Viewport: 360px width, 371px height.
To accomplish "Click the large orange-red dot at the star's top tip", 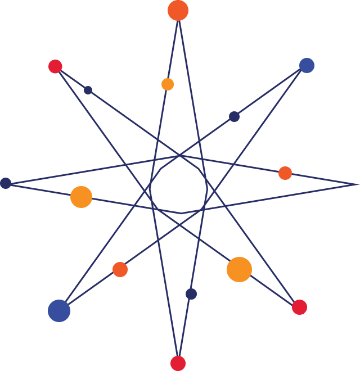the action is pyautogui.click(x=178, y=10).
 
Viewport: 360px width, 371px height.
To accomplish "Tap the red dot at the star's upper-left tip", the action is pyautogui.click(x=55, y=66).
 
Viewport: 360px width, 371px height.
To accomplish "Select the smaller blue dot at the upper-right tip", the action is pyautogui.click(x=307, y=65).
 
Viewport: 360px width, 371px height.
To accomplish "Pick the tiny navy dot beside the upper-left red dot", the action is pyautogui.click(x=88, y=90).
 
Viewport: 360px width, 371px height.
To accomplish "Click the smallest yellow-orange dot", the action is pyautogui.click(x=168, y=84).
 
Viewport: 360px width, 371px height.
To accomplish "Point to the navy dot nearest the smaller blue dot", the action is pyautogui.click(x=234, y=116).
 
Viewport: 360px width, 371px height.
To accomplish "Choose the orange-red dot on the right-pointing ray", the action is pyautogui.click(x=285, y=173).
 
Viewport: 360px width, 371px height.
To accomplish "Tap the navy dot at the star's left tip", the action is pyautogui.click(x=6, y=183).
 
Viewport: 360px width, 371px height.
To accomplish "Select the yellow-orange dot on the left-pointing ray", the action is pyautogui.click(x=81, y=197).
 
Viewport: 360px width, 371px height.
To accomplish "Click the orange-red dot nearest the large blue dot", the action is pyautogui.click(x=120, y=269).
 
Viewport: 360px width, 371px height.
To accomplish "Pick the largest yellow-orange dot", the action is pyautogui.click(x=239, y=269).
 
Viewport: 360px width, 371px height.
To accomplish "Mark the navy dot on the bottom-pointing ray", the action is pyautogui.click(x=191, y=294).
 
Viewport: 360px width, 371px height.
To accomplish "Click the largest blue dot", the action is pyautogui.click(x=59, y=311).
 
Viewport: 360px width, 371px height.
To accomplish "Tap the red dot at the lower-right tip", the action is pyautogui.click(x=299, y=307).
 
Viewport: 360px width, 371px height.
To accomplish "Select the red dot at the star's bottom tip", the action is pyautogui.click(x=178, y=363).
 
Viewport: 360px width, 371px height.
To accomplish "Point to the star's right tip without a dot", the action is pyautogui.click(x=358, y=184).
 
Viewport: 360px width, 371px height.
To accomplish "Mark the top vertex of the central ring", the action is pyautogui.click(x=179, y=155).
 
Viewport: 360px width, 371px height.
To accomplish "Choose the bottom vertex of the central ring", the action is pyautogui.click(x=181, y=213).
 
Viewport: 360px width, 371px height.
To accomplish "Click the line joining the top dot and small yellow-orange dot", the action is pyautogui.click(x=173, y=47).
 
